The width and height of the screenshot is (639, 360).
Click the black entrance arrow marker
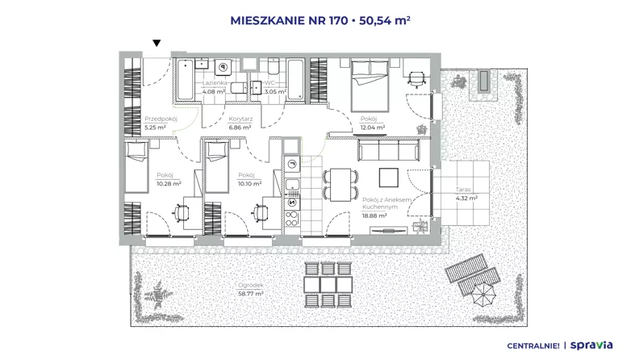[x=157, y=43]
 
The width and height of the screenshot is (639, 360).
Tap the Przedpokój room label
[x=161, y=119]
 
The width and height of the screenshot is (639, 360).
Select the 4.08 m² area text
[x=214, y=92]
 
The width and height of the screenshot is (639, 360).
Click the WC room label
[x=270, y=83]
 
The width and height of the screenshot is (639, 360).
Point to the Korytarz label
[x=240, y=119]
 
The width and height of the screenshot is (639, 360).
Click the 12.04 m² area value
[x=373, y=128]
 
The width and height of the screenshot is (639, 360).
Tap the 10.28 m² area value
[x=169, y=183]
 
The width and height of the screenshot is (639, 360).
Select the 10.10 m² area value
[x=250, y=183]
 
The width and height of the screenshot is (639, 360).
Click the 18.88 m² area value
[x=374, y=216]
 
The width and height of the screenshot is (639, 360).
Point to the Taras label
[x=463, y=190]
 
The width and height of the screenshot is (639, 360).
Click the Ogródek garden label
[x=251, y=286]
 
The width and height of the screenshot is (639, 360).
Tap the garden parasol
[x=483, y=295]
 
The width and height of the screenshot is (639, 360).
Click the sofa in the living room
[x=388, y=150]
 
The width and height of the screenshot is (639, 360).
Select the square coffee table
[x=389, y=178]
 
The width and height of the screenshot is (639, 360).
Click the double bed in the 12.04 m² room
[x=370, y=86]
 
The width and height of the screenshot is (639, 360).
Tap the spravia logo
[x=591, y=345]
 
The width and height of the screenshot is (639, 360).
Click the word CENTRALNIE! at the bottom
[x=533, y=346]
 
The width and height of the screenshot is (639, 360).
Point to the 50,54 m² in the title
[x=385, y=20]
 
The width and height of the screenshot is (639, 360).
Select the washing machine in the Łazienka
[x=223, y=67]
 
